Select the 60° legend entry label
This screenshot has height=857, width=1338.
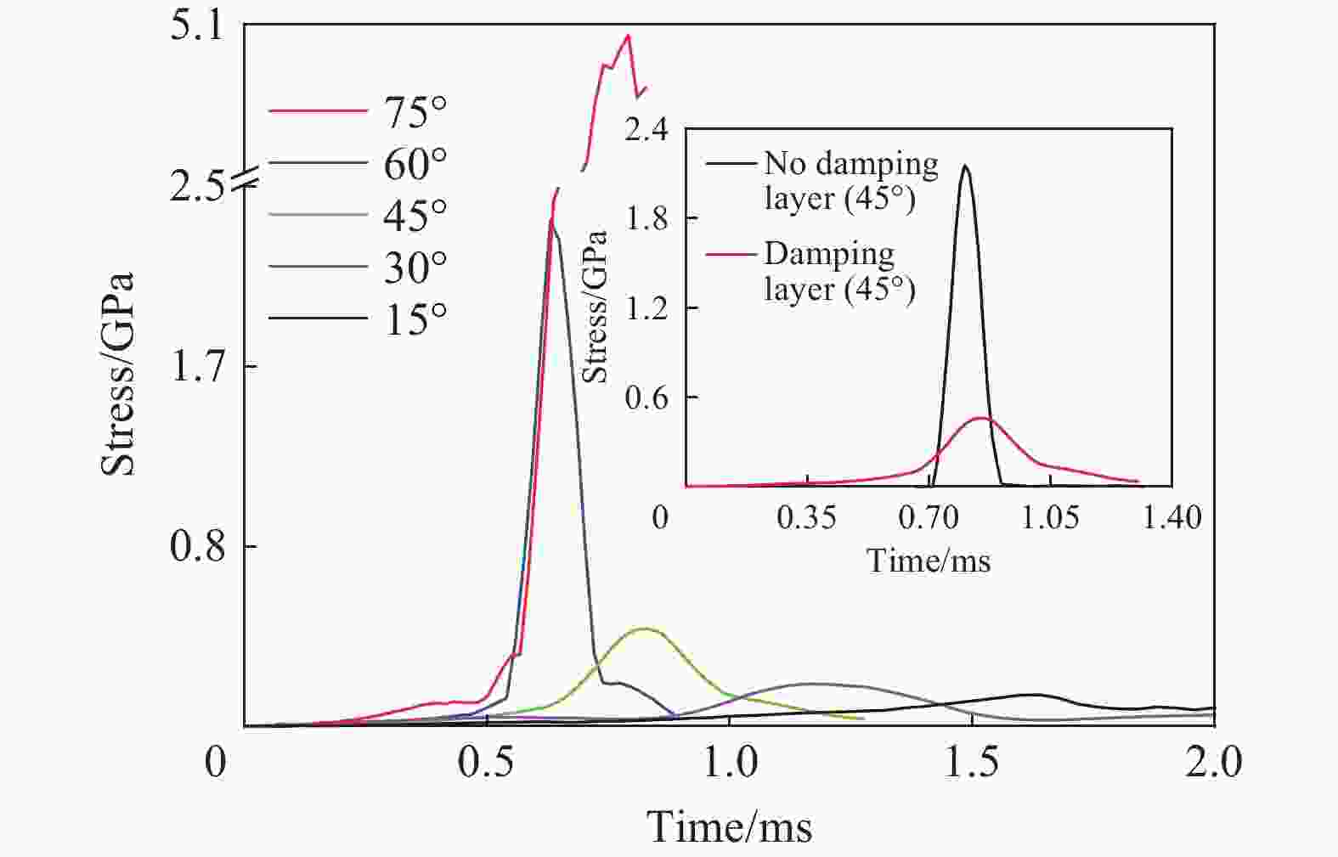point(415,163)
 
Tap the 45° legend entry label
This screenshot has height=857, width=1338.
point(415,215)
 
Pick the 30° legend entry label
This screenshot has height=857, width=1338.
point(415,268)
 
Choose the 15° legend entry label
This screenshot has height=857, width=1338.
point(415,319)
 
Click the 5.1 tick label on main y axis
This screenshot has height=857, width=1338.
point(196,26)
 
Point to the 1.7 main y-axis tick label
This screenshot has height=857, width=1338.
point(196,366)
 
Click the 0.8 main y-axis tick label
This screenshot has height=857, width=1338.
point(196,546)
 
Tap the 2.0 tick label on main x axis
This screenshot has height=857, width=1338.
point(1214,763)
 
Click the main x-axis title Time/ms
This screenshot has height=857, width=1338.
point(730,826)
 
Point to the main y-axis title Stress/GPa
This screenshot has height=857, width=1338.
point(119,374)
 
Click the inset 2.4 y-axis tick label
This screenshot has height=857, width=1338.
point(646,131)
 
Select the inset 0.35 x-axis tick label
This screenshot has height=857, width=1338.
point(806,516)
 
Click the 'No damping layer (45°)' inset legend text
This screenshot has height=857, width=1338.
point(850,180)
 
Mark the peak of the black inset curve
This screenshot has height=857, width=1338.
point(964,166)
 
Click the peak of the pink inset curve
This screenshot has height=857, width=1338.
point(981,418)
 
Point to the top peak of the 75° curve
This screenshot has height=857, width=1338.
point(628,36)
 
